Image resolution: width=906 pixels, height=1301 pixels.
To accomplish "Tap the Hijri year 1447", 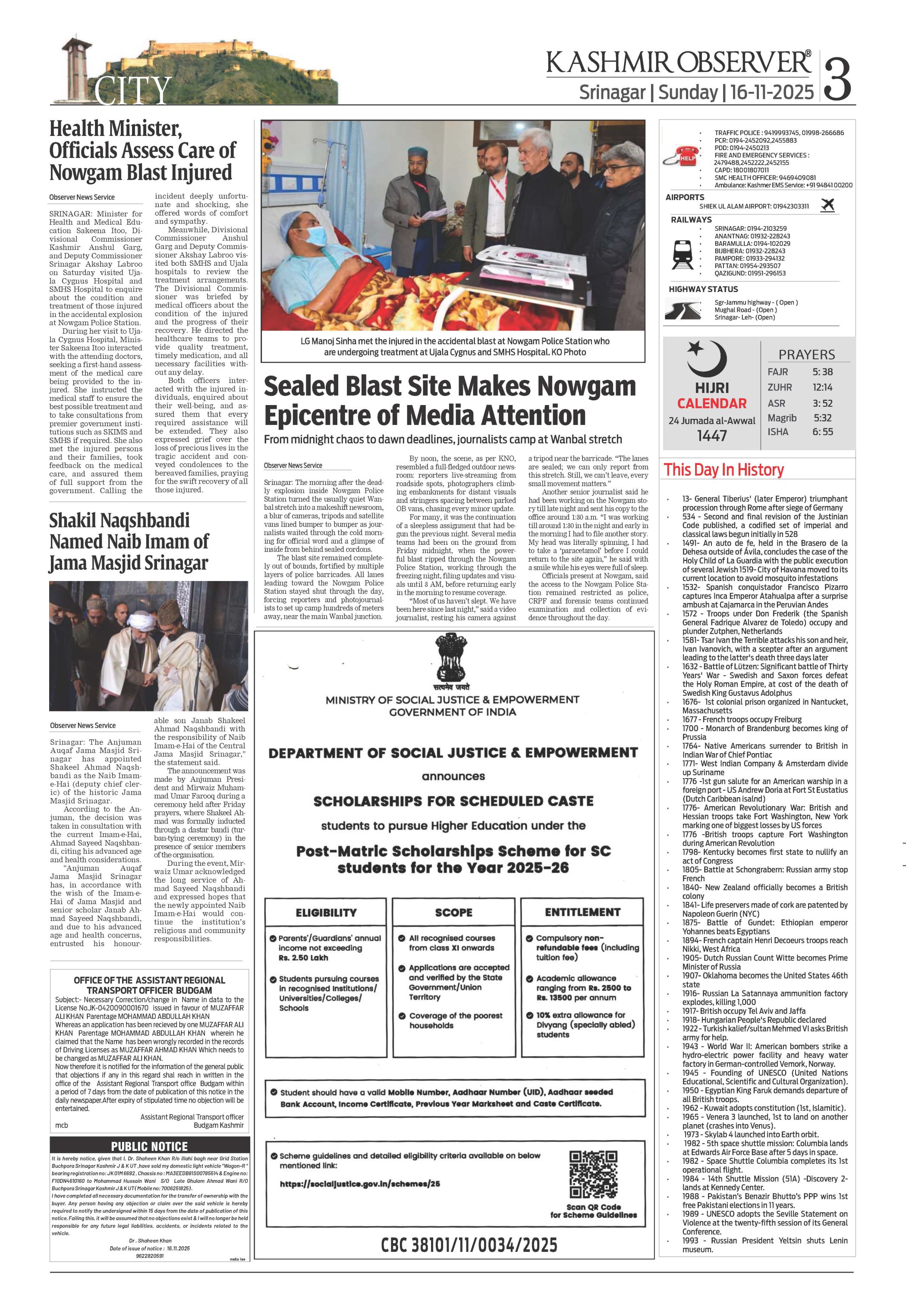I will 712,436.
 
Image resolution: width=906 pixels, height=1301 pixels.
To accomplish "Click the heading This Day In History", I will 724,470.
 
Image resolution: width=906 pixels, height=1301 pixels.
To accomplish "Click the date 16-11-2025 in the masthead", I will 772,92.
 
